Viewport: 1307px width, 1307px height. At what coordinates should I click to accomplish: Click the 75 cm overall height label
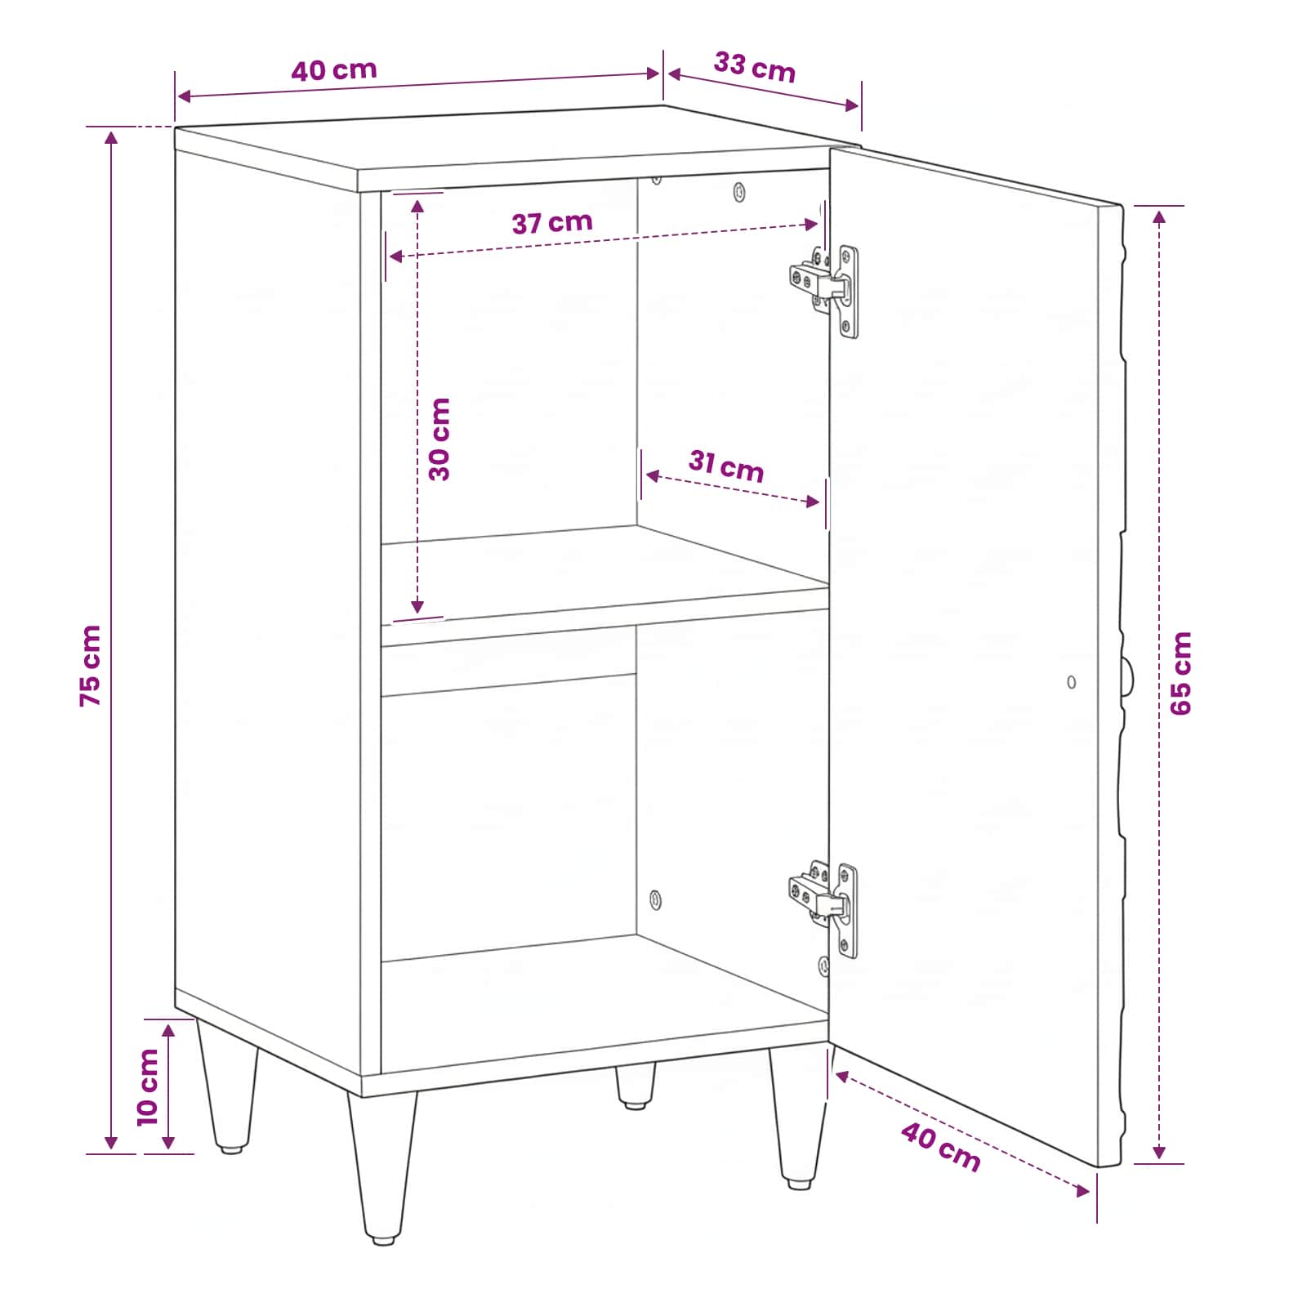[x=91, y=666]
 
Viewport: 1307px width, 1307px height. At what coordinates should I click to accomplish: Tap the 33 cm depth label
[x=755, y=67]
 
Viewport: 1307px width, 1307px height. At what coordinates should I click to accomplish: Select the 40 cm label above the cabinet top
[x=334, y=70]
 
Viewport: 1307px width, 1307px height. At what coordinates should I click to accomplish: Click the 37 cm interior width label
[x=552, y=222]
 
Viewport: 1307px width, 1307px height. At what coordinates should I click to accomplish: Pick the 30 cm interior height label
[x=439, y=439]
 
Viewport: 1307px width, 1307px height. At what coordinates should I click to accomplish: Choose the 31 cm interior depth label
[x=726, y=466]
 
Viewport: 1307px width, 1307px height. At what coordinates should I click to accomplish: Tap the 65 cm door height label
[x=1181, y=674]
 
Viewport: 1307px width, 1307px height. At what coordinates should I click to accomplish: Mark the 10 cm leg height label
[x=148, y=1087]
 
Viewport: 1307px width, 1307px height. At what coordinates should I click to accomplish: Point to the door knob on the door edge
[x=1128, y=677]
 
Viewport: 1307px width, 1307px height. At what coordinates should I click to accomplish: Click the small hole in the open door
[x=1072, y=682]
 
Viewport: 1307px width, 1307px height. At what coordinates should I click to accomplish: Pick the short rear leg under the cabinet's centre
[x=635, y=1085]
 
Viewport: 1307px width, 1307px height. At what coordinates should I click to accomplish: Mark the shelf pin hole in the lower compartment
[x=655, y=900]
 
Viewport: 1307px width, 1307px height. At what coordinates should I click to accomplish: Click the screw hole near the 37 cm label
[x=739, y=192]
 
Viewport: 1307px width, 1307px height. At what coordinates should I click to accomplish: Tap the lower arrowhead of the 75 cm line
[x=111, y=1143]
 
